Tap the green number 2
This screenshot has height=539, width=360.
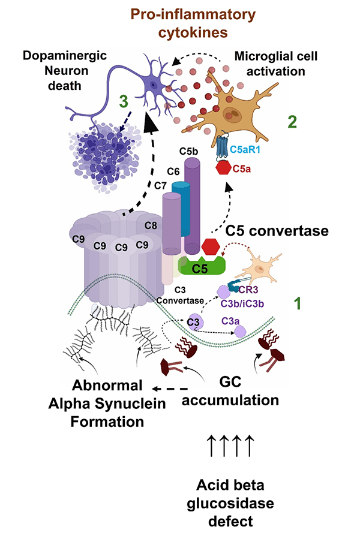(292, 123)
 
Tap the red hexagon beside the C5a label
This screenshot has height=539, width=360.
(223, 168)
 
